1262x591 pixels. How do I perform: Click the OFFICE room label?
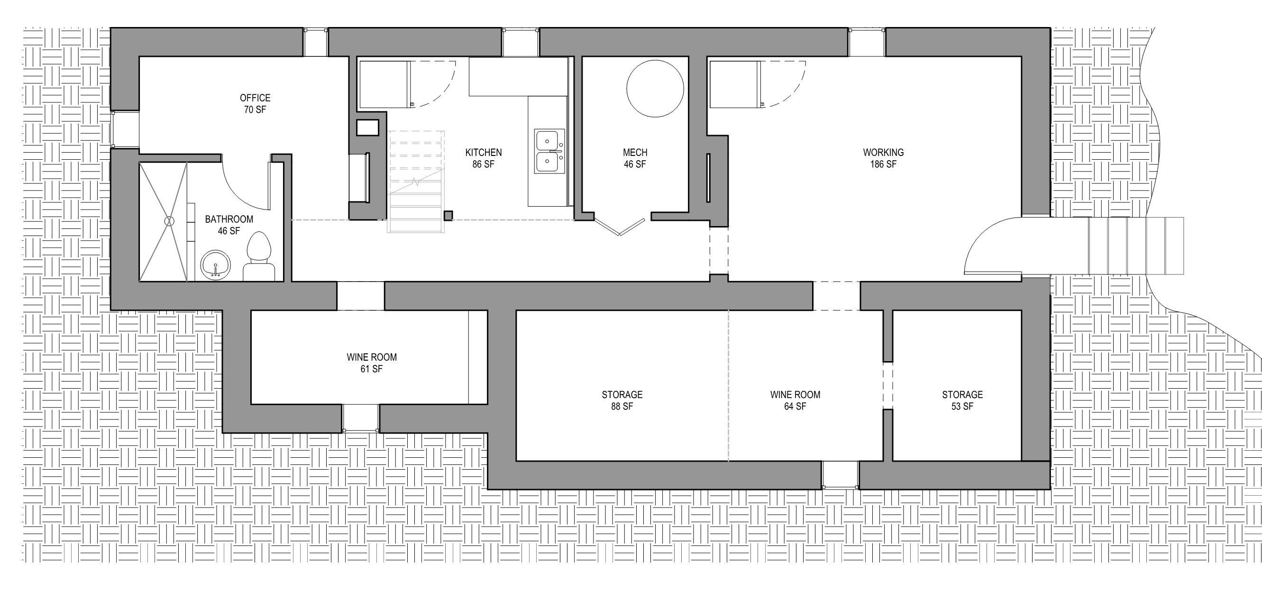pyautogui.click(x=255, y=98)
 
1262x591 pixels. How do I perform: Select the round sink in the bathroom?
pyautogui.click(x=215, y=265)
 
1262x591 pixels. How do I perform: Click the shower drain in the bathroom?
pyautogui.click(x=170, y=221)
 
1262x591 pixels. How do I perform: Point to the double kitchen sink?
pyautogui.click(x=549, y=151)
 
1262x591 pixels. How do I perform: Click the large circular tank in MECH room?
pyautogui.click(x=655, y=89)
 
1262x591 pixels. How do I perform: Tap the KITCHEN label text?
pyautogui.click(x=483, y=153)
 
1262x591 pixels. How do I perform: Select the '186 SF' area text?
pyautogui.click(x=883, y=164)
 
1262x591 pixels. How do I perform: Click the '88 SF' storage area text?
pyautogui.click(x=622, y=407)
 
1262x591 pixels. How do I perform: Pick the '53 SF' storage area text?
pyautogui.click(x=962, y=407)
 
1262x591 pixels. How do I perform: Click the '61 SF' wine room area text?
pyautogui.click(x=371, y=369)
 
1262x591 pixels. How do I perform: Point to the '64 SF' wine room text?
pyautogui.click(x=795, y=407)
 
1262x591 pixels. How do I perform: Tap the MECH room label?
pyautogui.click(x=635, y=153)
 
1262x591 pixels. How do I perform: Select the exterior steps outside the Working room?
pyautogui.click(x=1135, y=245)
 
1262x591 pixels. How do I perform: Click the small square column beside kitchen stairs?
pyautogui.click(x=448, y=216)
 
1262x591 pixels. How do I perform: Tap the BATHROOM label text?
pyautogui.click(x=229, y=219)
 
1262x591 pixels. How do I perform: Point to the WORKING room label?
pyautogui.click(x=883, y=153)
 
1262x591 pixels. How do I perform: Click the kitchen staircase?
pyautogui.click(x=416, y=181)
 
